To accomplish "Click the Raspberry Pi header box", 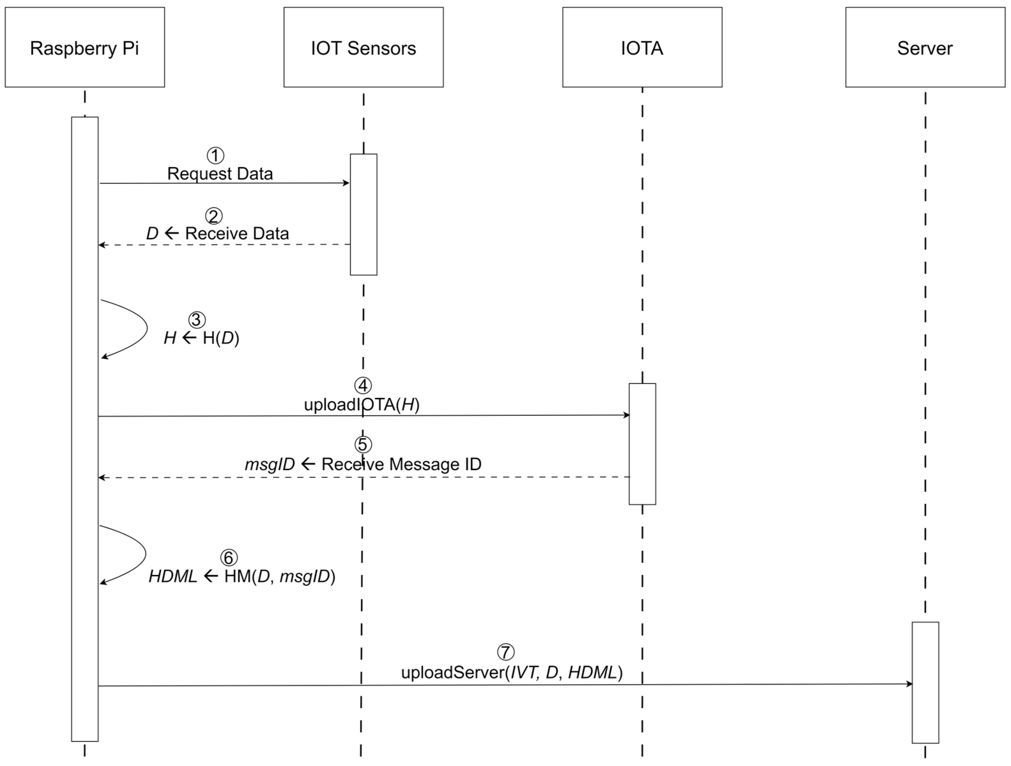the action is [85, 47].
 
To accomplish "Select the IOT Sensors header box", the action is [363, 47].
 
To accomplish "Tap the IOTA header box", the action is [642, 47].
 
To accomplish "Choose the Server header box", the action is [925, 47].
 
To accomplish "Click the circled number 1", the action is [216, 155].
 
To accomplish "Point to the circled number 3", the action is [197, 320].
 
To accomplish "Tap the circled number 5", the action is [363, 444].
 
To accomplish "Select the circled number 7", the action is [505, 652].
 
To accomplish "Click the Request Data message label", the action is [220, 174].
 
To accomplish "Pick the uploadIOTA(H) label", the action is [361, 405].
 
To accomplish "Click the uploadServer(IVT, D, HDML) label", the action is [512, 672].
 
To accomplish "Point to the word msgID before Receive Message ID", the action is [270, 464].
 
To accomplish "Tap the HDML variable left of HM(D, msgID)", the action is [173, 576].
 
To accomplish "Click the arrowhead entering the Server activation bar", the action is [909, 684].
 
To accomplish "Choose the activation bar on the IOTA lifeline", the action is [642, 444].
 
